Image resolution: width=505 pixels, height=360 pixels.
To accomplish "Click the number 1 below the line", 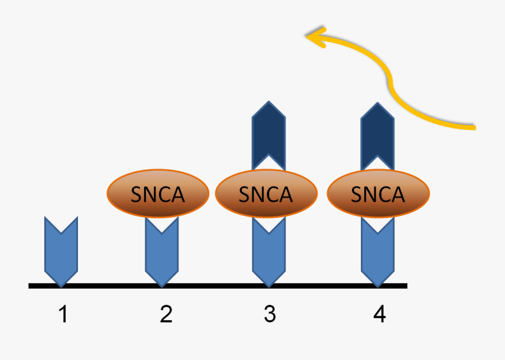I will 63,315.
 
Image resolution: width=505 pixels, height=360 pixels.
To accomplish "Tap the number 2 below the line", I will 166,315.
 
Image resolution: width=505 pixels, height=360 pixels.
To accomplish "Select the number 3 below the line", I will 270,315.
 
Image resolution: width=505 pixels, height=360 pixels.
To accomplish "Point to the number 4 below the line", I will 379,315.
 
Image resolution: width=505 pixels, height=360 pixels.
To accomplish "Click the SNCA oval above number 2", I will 158,194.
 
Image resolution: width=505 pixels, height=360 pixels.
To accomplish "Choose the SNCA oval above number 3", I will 267,194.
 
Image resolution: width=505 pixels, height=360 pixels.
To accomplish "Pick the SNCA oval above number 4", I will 378,194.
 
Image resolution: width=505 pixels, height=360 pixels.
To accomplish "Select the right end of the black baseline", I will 405,286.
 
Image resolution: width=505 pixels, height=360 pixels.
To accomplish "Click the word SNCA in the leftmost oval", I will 158,194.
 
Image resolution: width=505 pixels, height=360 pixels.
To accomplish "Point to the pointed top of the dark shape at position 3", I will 269,103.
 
